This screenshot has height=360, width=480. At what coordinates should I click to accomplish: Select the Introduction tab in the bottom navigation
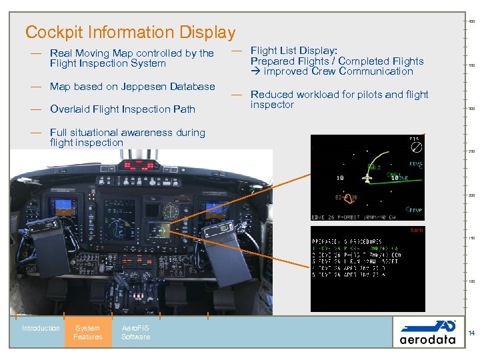click(41, 328)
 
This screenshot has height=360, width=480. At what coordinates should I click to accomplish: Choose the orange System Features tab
click(88, 332)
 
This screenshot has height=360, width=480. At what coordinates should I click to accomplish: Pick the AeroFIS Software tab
click(135, 332)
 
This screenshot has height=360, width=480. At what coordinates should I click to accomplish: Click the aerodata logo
click(427, 331)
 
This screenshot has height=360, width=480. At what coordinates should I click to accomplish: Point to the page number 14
click(471, 333)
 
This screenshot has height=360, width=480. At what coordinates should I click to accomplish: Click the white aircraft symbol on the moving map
click(368, 177)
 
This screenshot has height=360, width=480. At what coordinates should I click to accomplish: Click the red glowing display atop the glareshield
click(150, 163)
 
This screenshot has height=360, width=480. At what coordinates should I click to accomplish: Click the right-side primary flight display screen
click(216, 208)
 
